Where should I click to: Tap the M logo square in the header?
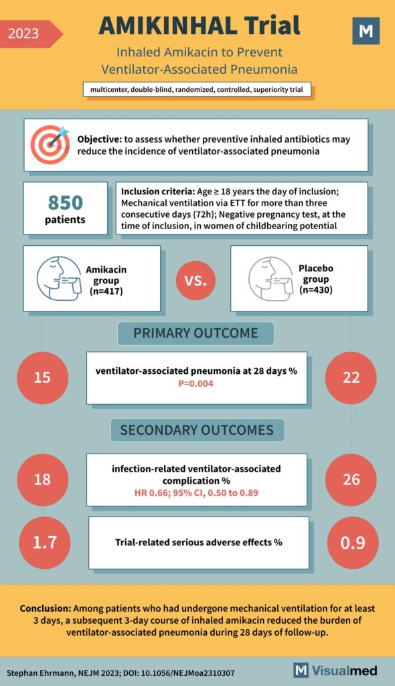pyautogui.click(x=366, y=31)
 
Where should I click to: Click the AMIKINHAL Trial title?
pyautogui.click(x=199, y=26)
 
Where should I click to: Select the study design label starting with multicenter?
pyautogui.click(x=197, y=90)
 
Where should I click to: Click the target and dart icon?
pyautogui.click(x=50, y=144)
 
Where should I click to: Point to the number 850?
pyautogui.click(x=65, y=202)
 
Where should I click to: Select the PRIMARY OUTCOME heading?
pyautogui.click(x=196, y=333)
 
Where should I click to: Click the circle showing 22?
pyautogui.click(x=351, y=377)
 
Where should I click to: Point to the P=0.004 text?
pyautogui.click(x=196, y=384)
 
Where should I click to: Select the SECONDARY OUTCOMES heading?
pyautogui.click(x=196, y=429)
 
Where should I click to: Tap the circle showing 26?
pyautogui.click(x=351, y=480)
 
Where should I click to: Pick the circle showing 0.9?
pyautogui.click(x=351, y=541)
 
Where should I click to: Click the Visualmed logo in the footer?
pyautogui.click(x=335, y=671)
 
